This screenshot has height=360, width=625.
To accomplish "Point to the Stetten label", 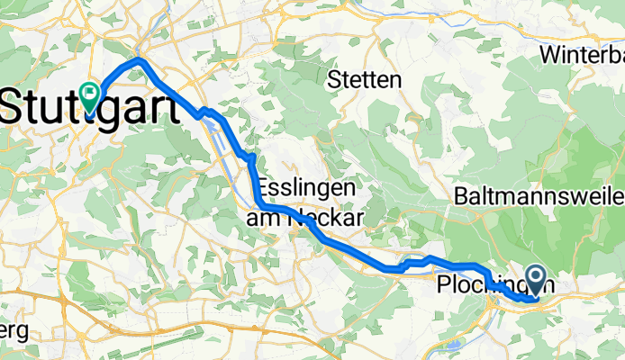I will coord(365,80).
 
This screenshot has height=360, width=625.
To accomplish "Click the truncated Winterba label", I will coord(582,55).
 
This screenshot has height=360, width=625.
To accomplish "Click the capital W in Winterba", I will coord(550,55).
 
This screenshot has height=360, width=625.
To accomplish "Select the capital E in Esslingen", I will coord(265,190).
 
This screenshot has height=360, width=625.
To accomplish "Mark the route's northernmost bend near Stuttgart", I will coord(139,60).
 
